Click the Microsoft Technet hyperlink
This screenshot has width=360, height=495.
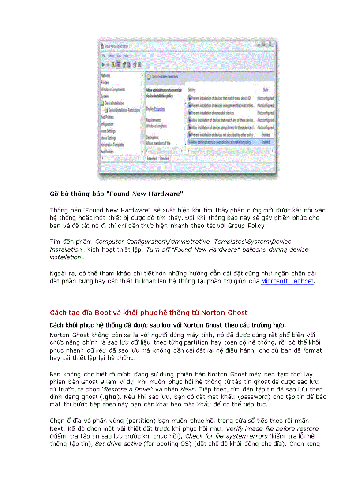(x=287, y=281)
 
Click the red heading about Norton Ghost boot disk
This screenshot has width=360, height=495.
(x=149, y=313)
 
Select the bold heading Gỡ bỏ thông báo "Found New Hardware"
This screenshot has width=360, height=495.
(x=116, y=194)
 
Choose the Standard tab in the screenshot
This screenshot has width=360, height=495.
(x=164, y=158)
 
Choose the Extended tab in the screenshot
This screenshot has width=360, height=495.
(x=152, y=158)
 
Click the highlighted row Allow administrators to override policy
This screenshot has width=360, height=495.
(x=221, y=142)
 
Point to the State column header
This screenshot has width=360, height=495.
(x=266, y=89)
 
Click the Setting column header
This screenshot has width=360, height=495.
(x=192, y=89)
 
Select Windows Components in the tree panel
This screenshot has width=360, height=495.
(x=113, y=89)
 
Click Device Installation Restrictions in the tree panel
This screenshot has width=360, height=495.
(x=124, y=110)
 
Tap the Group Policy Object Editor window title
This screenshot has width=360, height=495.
(x=116, y=45)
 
